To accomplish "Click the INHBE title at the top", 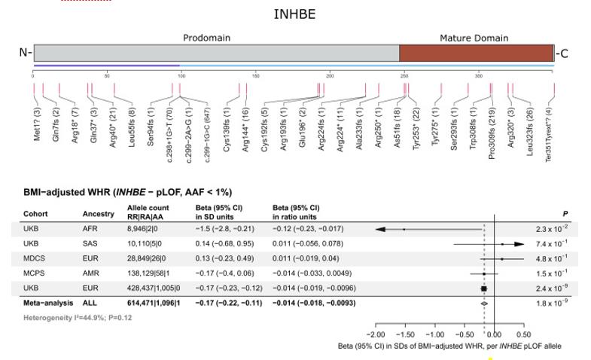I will coord(294,14).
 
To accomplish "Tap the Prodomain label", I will coord(206,38).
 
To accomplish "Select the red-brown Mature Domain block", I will coord(476,53).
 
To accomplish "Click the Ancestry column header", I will coord(98,214).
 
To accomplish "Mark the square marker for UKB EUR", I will coord(484,288).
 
